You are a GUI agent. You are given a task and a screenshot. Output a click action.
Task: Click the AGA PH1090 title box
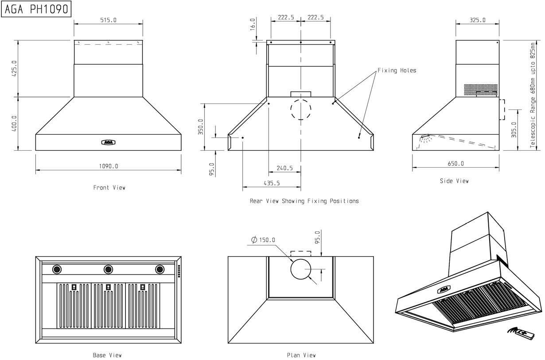(x=37, y=9)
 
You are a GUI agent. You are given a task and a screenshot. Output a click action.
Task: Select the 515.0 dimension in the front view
(x=108, y=20)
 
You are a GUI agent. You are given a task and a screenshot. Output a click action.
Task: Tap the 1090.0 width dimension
(x=108, y=166)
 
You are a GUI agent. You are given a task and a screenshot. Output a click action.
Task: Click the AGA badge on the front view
(x=108, y=142)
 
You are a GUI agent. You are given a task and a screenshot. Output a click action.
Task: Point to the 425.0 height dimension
(x=14, y=69)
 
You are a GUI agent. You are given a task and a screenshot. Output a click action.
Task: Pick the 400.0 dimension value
(x=14, y=123)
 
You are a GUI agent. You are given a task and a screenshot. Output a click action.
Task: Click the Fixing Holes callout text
(x=397, y=70)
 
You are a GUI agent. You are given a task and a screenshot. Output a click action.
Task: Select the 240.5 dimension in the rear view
(x=284, y=168)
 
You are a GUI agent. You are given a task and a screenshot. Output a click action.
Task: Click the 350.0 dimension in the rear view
(x=200, y=127)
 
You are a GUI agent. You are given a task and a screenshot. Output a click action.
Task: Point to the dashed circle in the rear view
(x=301, y=109)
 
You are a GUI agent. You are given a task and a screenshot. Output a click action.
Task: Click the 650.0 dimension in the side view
(x=455, y=164)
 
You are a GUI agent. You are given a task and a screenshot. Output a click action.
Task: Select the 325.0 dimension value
(x=477, y=20)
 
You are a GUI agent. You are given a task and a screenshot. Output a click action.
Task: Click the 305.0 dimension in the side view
(x=514, y=130)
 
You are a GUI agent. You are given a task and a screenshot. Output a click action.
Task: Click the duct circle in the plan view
(x=301, y=269)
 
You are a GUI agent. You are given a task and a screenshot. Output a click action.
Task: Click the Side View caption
(x=454, y=181)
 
